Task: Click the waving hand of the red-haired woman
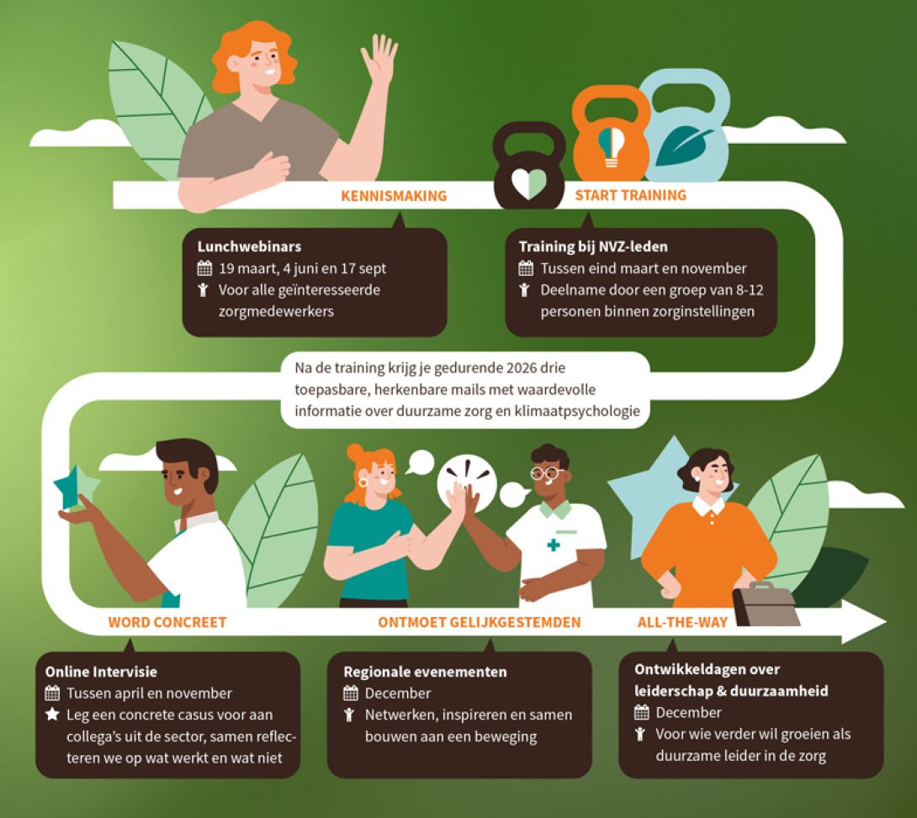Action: (379, 59)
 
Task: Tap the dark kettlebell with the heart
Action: (529, 166)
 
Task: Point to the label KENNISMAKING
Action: (394, 196)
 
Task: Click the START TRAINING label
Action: (630, 195)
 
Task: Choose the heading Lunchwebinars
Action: (249, 246)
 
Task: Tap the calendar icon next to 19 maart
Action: (204, 268)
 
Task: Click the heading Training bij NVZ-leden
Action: (593, 246)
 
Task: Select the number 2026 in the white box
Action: (521, 367)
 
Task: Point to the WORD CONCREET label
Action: (167, 622)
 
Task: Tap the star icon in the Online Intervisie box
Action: (52, 714)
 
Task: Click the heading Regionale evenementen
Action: (425, 672)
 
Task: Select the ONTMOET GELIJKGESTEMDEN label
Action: (479, 622)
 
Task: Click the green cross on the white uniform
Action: (554, 545)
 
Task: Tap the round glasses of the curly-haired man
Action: (546, 472)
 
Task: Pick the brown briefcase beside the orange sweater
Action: (766, 604)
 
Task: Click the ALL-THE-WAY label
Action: (682, 622)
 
